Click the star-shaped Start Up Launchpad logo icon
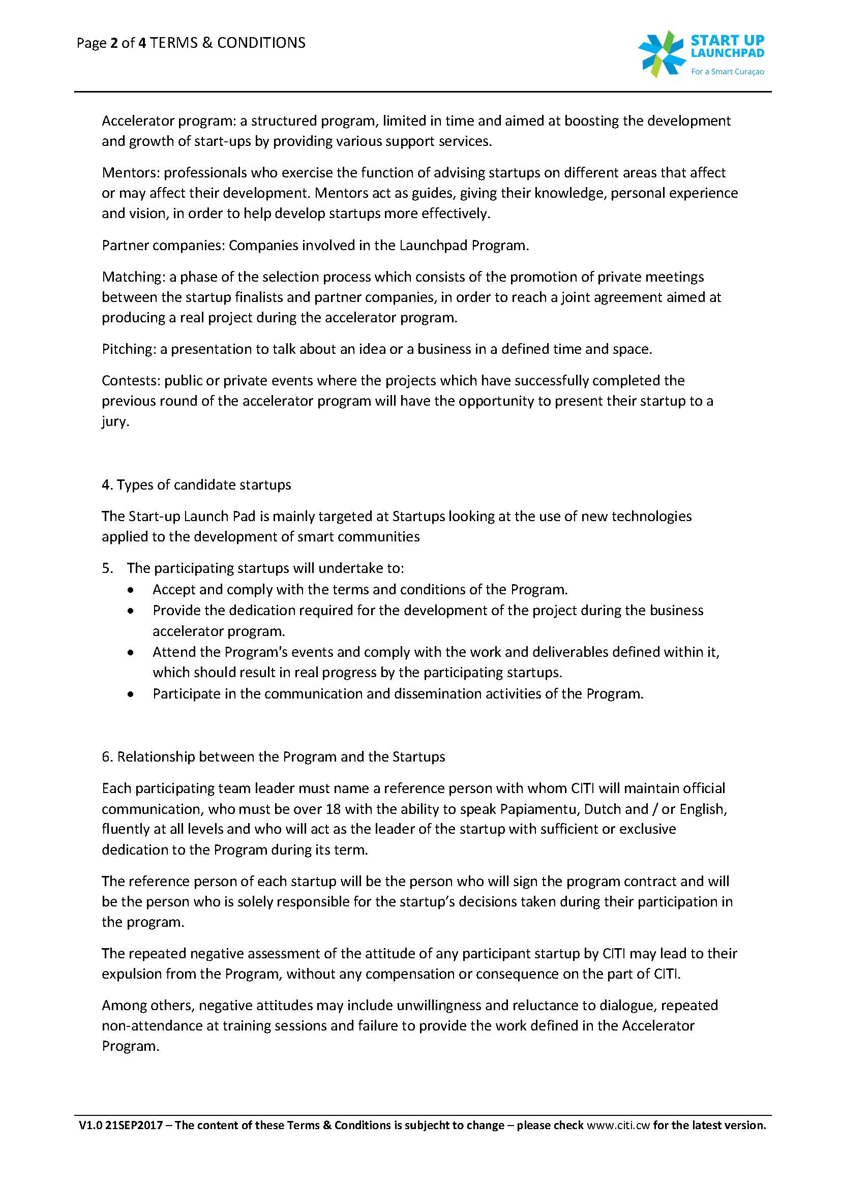[662, 53]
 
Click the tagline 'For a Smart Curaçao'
[727, 72]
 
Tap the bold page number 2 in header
[113, 43]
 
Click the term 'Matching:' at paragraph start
[133, 277]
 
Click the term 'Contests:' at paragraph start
[131, 381]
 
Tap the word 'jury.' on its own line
[115, 421]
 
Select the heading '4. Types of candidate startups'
[196, 484]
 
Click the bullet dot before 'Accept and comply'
[133, 590]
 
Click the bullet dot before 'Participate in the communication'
[133, 694]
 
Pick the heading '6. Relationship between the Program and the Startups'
[273, 756]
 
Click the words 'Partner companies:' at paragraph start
[163, 246]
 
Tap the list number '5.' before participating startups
[107, 568]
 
